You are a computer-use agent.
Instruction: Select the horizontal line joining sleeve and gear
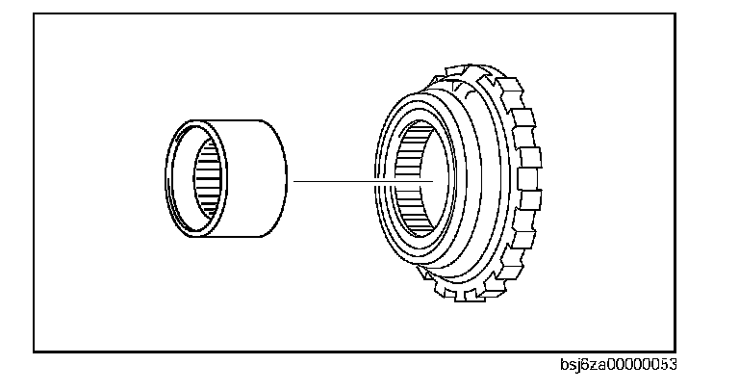pyautogui.click(x=356, y=180)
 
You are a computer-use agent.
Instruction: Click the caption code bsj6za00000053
pyautogui.click(x=618, y=365)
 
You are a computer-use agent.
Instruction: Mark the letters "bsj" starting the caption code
pyautogui.click(x=571, y=365)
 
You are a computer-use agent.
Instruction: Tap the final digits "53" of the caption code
pyautogui.click(x=669, y=365)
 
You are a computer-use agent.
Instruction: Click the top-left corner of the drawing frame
pyautogui.click(x=34, y=13)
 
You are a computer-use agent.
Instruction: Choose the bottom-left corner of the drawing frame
pyautogui.click(x=34, y=352)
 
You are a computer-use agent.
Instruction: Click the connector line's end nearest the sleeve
pyautogui.click(x=294, y=180)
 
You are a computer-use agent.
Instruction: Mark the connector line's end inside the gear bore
pyautogui.click(x=435, y=180)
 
